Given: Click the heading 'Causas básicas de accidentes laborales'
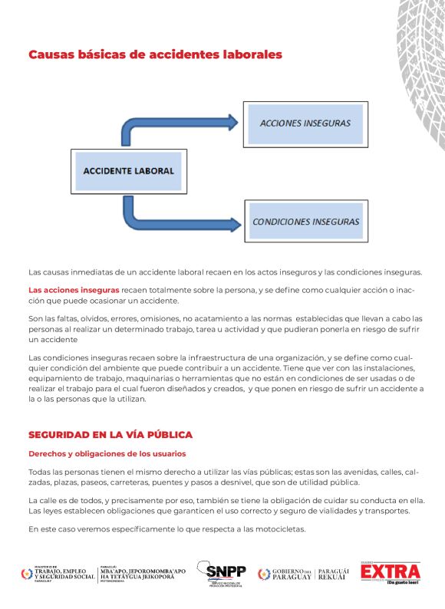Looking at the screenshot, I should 155,55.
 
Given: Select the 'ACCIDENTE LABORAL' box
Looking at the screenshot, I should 128,170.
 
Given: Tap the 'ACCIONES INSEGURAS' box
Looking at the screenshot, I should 305,123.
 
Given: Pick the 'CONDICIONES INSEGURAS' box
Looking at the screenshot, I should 305,221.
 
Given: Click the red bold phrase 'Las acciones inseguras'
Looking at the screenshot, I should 74,290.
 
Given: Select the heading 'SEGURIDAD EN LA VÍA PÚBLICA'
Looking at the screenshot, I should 110,435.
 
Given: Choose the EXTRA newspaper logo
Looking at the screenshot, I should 391,572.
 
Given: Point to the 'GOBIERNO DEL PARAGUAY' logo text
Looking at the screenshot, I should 292,574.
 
